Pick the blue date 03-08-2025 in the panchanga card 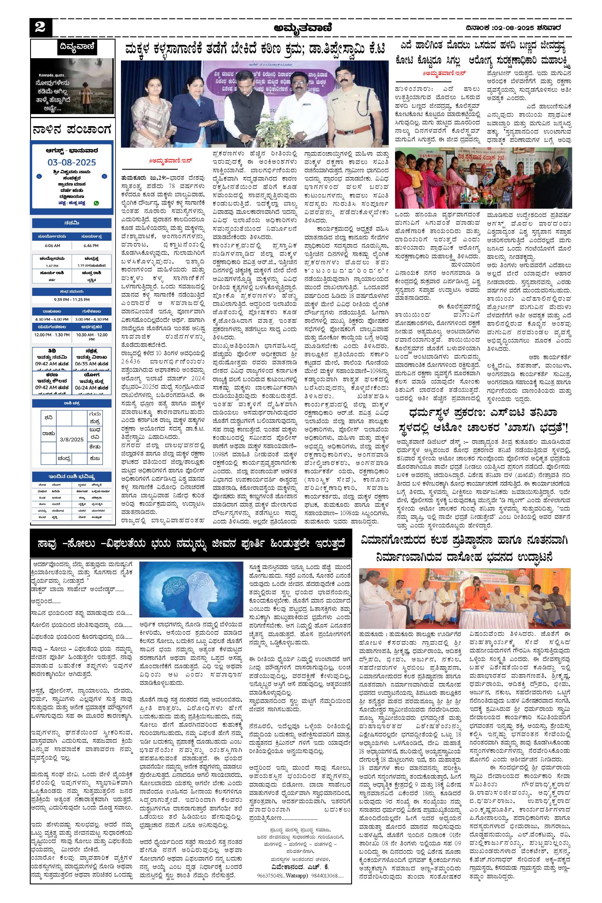[72, 163]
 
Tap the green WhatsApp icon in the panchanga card [95, 203]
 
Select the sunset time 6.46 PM [91, 246]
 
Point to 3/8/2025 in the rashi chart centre [71, 439]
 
